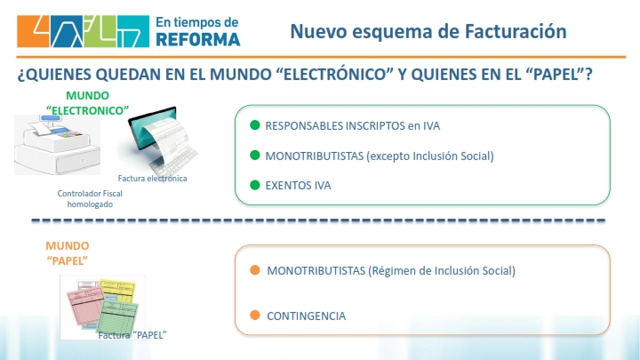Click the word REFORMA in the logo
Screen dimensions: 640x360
coord(198,40)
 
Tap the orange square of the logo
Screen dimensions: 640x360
coord(33,31)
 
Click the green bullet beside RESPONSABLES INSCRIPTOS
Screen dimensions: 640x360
coord(255,125)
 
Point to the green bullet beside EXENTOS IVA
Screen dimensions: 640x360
coord(255,185)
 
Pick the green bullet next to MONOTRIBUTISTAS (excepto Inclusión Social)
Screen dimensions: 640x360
coord(255,155)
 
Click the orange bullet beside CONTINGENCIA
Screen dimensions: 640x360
coord(255,315)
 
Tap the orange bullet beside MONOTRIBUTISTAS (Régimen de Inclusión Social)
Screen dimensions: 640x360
coord(255,270)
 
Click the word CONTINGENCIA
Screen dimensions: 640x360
coord(306,316)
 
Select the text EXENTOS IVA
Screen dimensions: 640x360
coord(298,185)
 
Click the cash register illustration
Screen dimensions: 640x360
coord(57,145)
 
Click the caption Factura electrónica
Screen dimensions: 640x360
coord(152,179)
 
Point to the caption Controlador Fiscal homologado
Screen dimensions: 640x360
coord(90,199)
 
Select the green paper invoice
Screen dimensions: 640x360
coord(118,317)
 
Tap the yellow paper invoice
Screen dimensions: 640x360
coord(117,291)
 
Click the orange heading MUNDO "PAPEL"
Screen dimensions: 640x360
coord(68,253)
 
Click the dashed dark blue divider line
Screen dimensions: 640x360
coord(318,220)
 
